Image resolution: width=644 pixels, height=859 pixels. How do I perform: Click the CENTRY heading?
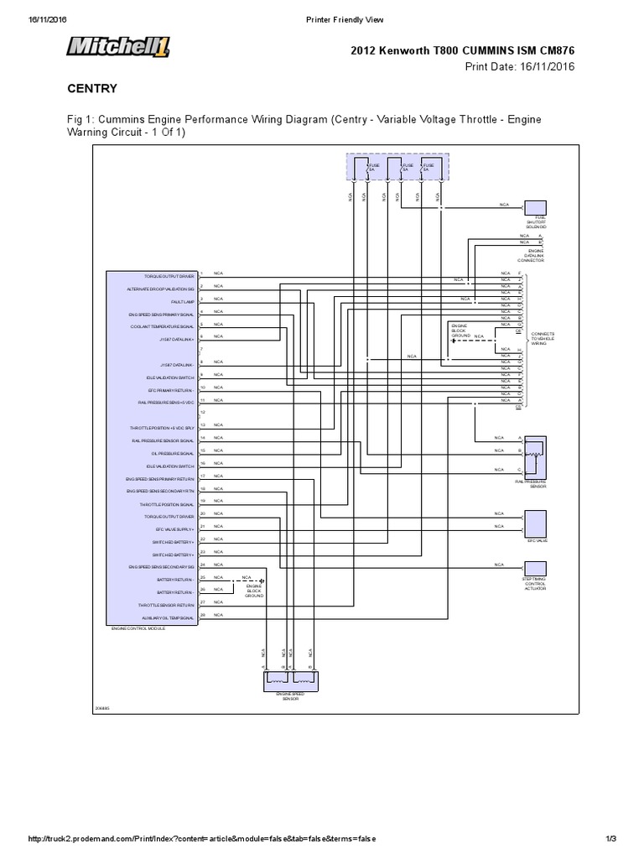click(x=91, y=88)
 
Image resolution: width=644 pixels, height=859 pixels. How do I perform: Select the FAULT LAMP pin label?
click(x=184, y=300)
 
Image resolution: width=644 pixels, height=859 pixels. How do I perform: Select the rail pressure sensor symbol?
click(x=536, y=457)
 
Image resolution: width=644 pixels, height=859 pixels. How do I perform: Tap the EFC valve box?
click(x=536, y=523)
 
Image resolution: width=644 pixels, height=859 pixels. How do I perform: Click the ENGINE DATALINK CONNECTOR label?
click(x=535, y=255)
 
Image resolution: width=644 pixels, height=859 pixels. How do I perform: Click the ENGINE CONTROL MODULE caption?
click(x=138, y=627)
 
